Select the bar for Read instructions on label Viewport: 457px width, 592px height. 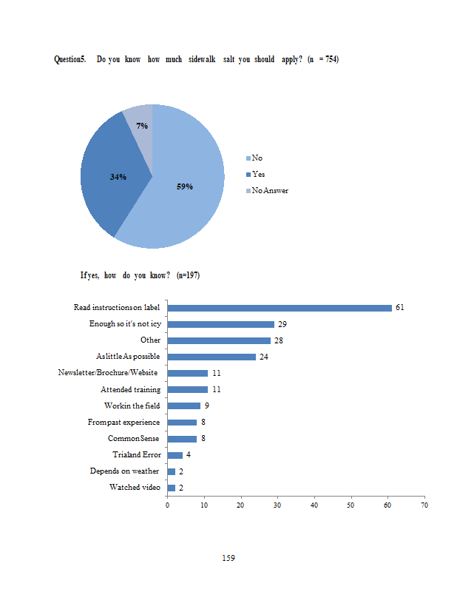point(280,308)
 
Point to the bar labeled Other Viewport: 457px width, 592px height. point(219,340)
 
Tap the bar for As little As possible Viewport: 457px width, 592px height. point(211,357)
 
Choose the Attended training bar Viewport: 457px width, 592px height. point(188,389)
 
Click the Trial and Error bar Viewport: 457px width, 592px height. point(175,455)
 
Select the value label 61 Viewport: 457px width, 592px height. point(400,307)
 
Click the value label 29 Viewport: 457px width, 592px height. point(282,324)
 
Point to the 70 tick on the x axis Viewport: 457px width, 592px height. point(424,505)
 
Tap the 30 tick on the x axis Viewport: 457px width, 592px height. point(277,505)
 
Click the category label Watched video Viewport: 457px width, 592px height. point(135,487)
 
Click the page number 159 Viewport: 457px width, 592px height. point(228,557)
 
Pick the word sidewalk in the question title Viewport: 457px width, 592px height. point(201,59)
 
